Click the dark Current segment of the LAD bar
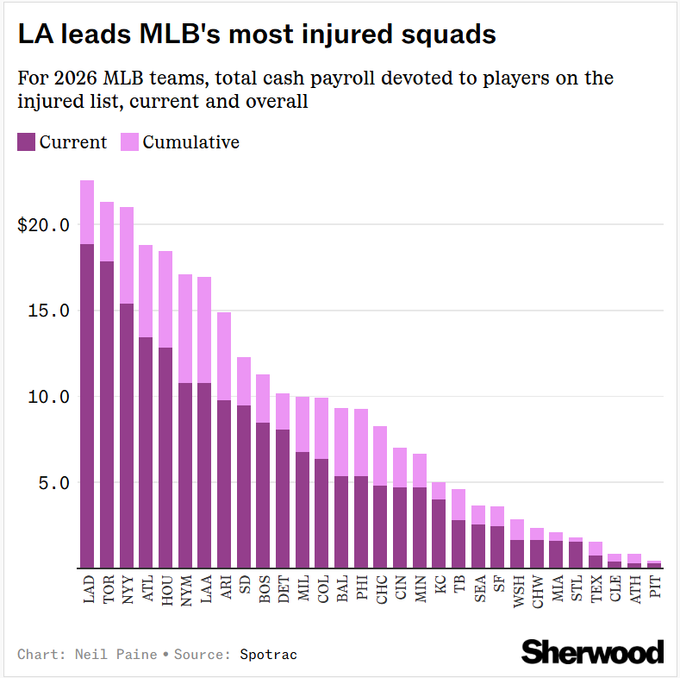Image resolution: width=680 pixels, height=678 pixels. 87,405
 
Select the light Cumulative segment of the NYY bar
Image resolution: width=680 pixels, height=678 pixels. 127,255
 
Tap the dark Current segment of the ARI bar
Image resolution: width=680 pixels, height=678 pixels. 224,484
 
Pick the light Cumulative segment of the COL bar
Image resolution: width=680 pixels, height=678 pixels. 321,429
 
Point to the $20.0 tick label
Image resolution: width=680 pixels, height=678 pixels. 43,225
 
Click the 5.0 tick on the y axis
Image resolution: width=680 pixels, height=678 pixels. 54,483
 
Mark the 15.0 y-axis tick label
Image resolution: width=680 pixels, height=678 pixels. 48,311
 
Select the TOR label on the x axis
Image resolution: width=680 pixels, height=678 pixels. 109,589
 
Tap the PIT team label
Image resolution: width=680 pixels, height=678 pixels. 655,587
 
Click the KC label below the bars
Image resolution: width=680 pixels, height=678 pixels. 440,584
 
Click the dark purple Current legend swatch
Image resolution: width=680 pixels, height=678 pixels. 26,142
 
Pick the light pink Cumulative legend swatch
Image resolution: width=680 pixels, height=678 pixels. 129,142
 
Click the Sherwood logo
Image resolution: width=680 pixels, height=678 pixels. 592,651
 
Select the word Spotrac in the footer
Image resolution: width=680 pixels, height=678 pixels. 268,654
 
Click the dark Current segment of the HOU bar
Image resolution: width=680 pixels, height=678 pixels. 165,458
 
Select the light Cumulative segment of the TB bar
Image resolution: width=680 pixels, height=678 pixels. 459,505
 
